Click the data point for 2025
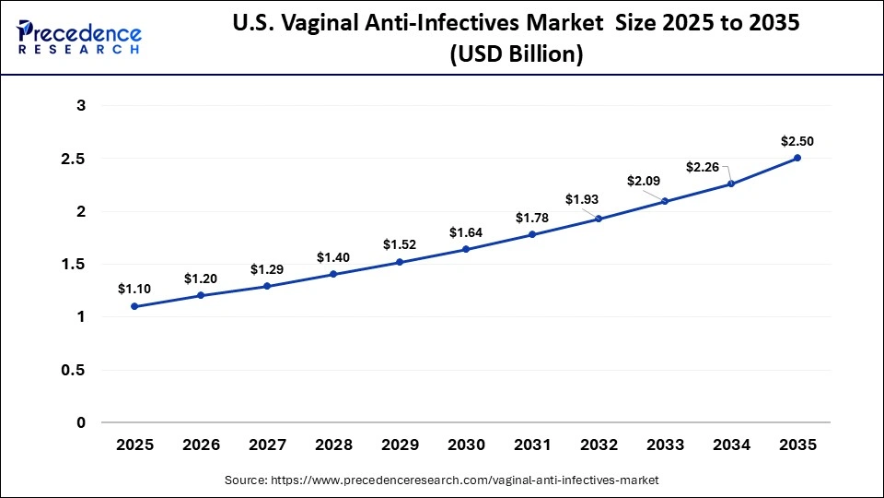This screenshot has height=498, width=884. point(134,306)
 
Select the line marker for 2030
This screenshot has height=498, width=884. point(466,249)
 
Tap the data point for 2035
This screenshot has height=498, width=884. point(797,158)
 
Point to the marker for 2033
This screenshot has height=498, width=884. point(665,201)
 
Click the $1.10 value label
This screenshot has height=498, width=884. point(134,289)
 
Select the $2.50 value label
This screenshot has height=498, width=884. point(797,141)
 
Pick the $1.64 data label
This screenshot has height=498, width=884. point(466,232)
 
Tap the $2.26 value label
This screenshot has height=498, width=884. point(704,167)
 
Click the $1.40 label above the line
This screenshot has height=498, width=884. point(333,257)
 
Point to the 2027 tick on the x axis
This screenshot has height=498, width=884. point(267,445)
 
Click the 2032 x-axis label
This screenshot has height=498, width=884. point(599,445)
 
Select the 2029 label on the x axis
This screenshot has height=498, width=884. point(400,445)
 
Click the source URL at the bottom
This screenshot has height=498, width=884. point(442,480)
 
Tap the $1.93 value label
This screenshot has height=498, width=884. point(582,199)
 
